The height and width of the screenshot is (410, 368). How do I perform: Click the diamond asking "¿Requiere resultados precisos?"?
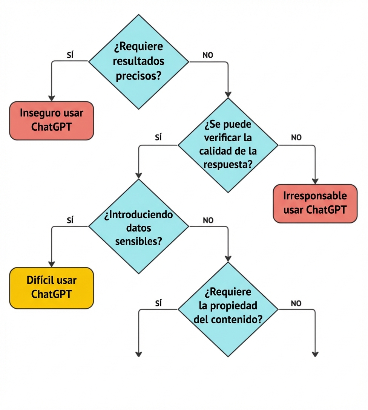(x=138, y=61)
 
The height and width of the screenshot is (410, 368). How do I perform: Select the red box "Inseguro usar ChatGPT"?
(x=51, y=120)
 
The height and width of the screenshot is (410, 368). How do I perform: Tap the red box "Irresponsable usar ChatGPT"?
(x=315, y=203)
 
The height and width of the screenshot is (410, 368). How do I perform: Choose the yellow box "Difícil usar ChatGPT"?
(x=51, y=287)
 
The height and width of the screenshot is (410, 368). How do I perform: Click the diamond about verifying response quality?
(x=228, y=145)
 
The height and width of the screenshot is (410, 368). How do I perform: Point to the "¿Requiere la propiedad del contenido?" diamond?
(x=228, y=309)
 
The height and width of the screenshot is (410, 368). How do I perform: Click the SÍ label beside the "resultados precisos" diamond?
(x=70, y=55)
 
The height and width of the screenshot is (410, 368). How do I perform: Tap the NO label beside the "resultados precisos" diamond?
(x=208, y=55)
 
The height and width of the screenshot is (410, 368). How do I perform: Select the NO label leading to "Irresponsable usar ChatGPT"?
(x=296, y=138)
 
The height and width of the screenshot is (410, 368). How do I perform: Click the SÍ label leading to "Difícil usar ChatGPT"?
(x=70, y=221)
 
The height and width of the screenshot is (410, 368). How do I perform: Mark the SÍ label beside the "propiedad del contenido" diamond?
(x=159, y=303)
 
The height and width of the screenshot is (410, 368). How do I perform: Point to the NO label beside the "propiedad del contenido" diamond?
(x=296, y=303)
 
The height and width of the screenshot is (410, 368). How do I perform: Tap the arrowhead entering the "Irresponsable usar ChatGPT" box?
(x=315, y=181)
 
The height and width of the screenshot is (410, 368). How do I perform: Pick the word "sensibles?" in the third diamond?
(x=138, y=241)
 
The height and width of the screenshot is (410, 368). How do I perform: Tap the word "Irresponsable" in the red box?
(x=315, y=196)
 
